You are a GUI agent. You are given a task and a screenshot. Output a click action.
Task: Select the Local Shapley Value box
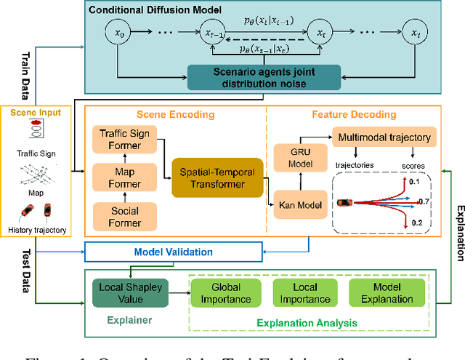click(x=131, y=292)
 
